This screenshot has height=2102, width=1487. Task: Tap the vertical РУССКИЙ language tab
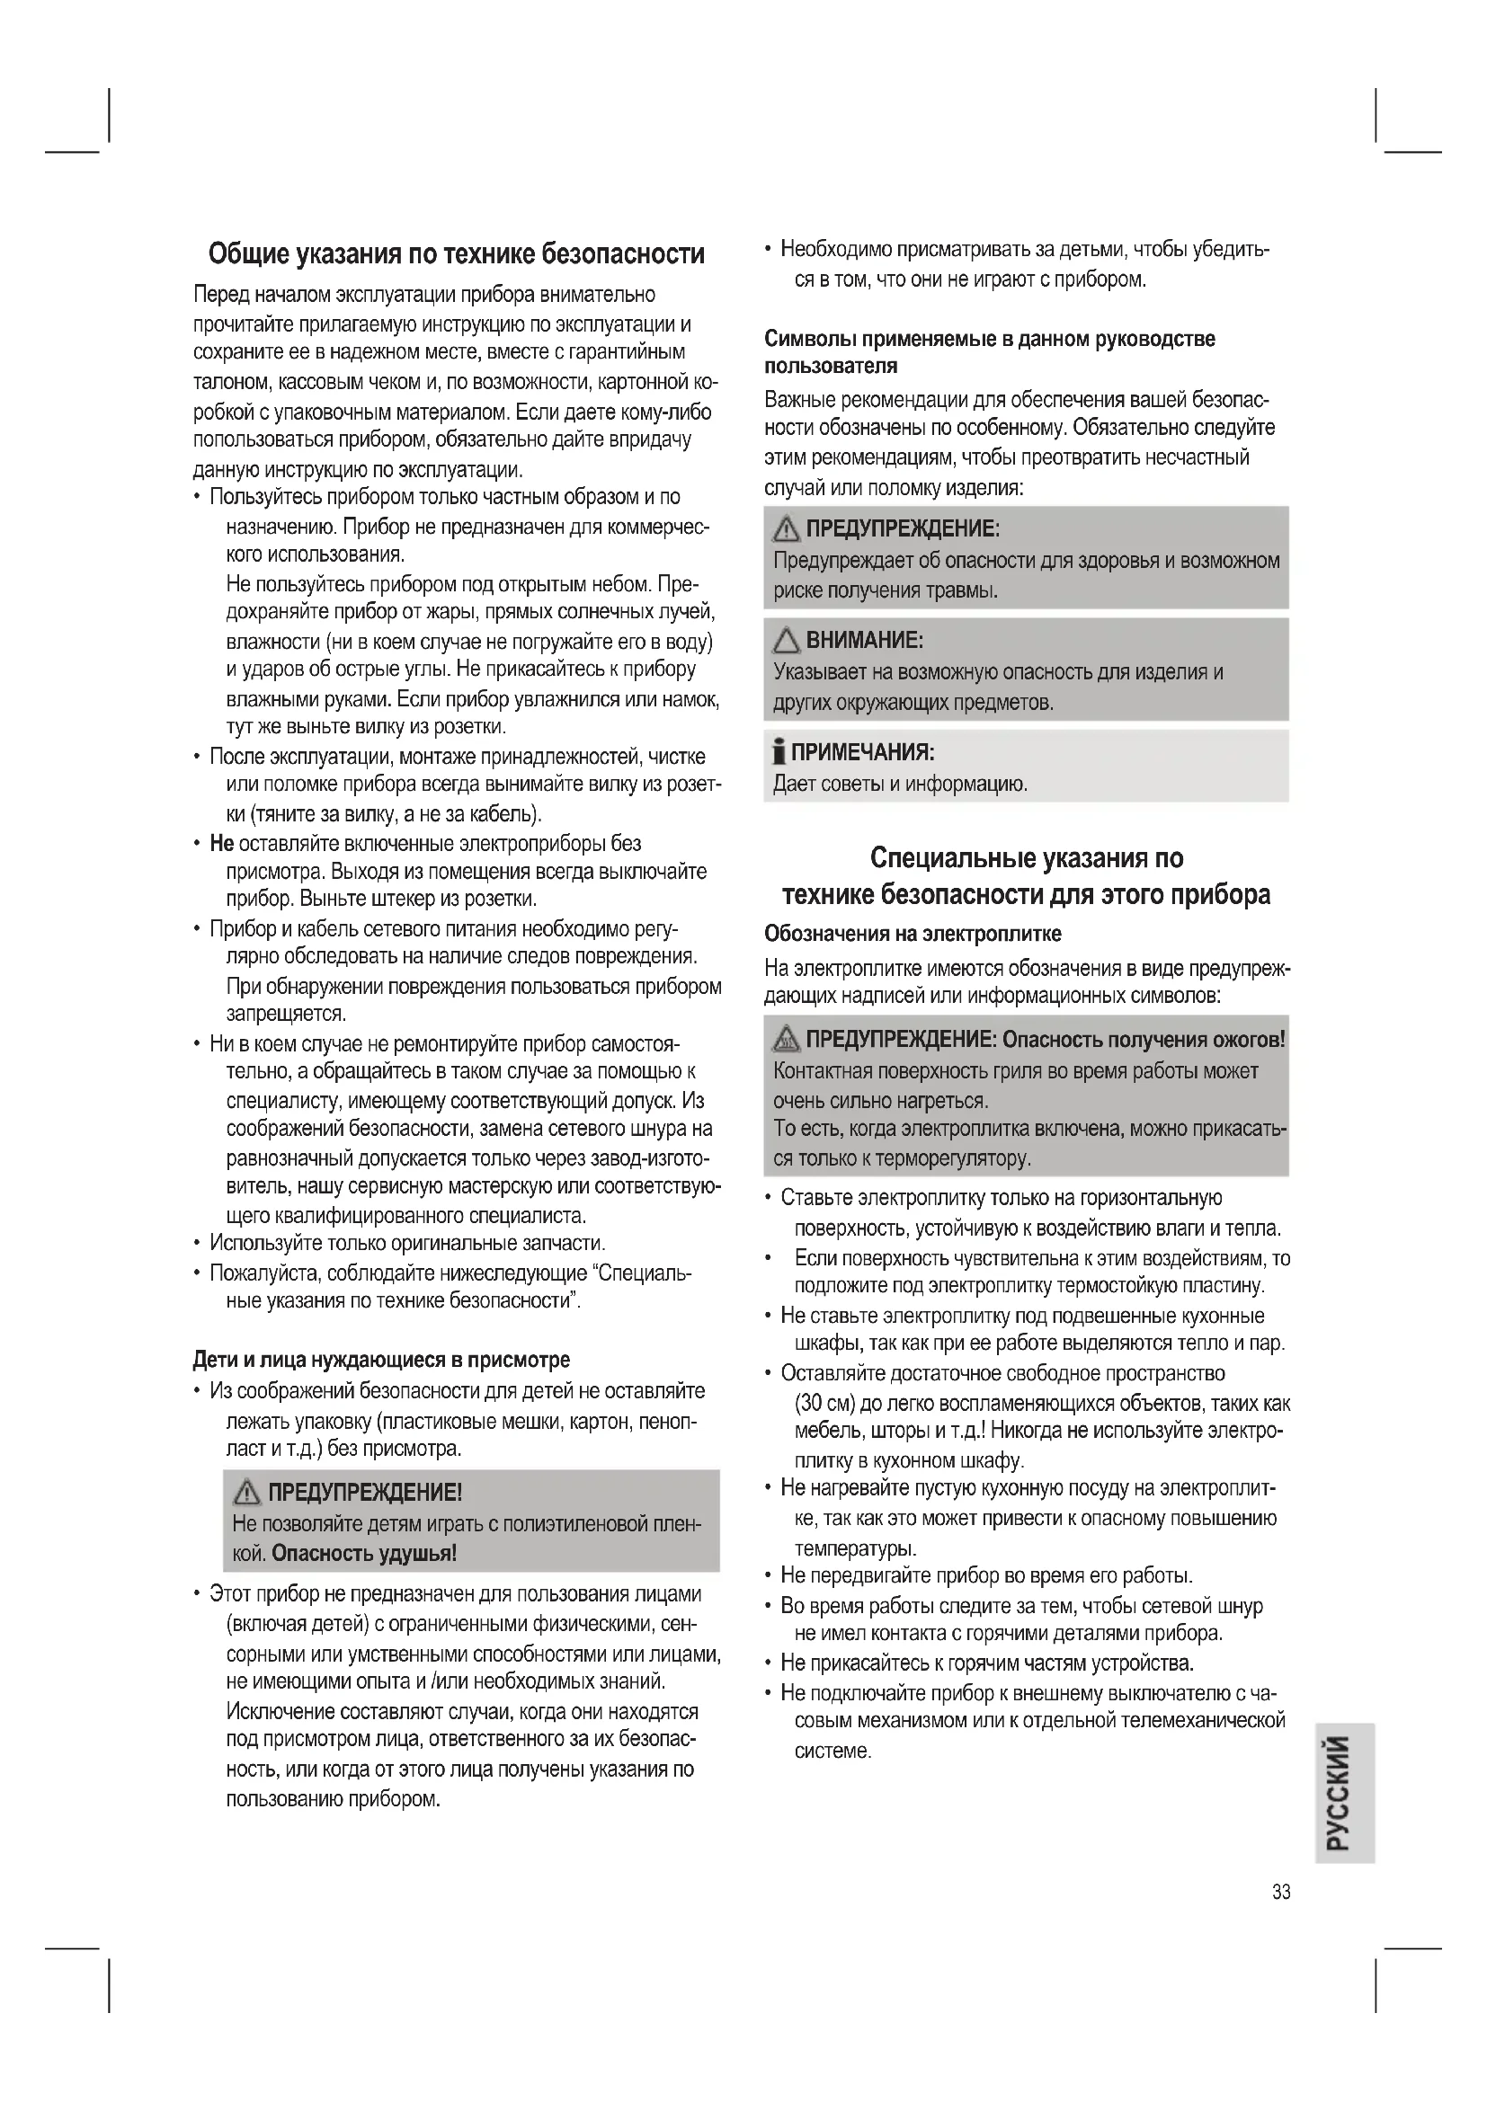point(1344,1794)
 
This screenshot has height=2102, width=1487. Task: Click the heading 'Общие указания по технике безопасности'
point(456,253)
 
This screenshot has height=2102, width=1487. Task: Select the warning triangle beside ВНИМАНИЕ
point(788,641)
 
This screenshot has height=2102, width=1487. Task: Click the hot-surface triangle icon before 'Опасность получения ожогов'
point(786,1040)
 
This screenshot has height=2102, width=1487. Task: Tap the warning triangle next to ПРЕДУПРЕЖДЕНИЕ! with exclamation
point(246,1494)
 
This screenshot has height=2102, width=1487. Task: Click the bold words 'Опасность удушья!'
point(364,1554)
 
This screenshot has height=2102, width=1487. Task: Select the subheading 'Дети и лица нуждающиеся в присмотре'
point(381,1360)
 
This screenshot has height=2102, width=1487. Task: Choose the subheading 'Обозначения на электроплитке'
point(913,934)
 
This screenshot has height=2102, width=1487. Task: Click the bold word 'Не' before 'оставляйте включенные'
point(221,843)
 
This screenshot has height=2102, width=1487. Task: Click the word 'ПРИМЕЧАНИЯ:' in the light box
point(862,752)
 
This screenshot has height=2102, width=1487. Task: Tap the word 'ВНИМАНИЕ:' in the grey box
point(864,640)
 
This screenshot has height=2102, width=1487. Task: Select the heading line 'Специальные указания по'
point(1026,858)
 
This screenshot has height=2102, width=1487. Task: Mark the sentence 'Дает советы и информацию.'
point(900,785)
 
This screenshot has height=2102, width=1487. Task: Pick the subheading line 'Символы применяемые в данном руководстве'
point(990,339)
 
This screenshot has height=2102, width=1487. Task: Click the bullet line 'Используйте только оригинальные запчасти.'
point(407,1243)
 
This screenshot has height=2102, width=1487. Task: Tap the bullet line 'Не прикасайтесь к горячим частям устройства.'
point(987,1662)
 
